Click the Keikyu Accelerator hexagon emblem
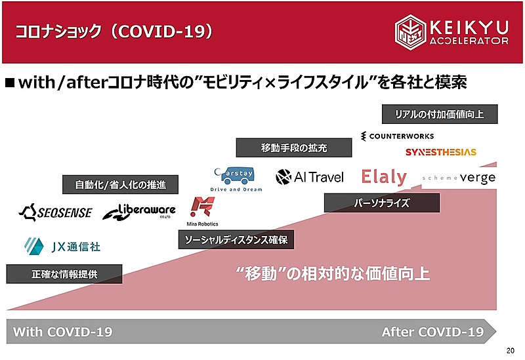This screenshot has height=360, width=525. [x=410, y=32]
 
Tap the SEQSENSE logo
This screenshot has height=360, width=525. [x=56, y=212]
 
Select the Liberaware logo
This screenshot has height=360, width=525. [x=139, y=211]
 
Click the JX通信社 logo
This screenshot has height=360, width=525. [x=62, y=247]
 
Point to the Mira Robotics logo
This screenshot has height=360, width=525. [x=202, y=211]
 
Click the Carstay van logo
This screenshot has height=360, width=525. [x=236, y=179]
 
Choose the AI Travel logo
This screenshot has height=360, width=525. [x=310, y=177]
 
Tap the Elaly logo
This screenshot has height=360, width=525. [x=384, y=176]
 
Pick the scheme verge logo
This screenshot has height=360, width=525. [x=459, y=178]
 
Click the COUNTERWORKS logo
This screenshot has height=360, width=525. [x=397, y=136]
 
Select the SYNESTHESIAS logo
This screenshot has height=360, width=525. [x=440, y=152]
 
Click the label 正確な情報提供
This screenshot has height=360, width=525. [x=64, y=274]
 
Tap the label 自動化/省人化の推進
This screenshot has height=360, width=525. [x=120, y=185]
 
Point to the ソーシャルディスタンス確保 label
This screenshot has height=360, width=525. [x=236, y=239]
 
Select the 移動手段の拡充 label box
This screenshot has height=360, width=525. [x=294, y=148]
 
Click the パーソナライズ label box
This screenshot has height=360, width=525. [x=382, y=203]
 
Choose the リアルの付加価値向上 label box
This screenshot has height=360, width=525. [x=440, y=114]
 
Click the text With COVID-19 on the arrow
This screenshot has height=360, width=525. [x=62, y=332]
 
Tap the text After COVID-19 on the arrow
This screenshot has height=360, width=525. [x=432, y=332]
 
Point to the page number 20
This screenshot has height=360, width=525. [x=511, y=351]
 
